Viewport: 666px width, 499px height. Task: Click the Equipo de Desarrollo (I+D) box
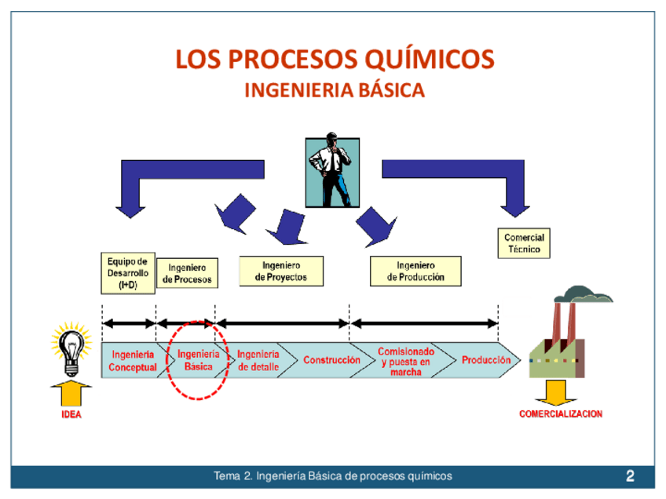pos(127,273)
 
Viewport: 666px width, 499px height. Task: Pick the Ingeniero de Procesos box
pos(187,273)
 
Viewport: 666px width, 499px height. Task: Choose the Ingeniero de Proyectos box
pos(281,271)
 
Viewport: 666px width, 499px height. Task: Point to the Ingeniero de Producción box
pos(415,271)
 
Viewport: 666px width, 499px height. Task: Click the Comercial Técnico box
pos(524,243)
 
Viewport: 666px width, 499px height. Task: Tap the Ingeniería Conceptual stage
pos(132,360)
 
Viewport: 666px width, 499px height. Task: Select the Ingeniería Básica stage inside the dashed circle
pos(199,360)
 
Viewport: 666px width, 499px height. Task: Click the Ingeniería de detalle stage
pos(258,360)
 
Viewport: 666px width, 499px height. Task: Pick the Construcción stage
pos(331,360)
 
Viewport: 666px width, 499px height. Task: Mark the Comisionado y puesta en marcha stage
pos(405,362)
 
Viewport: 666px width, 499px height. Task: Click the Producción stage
pos(485,360)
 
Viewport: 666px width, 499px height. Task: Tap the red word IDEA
pos(71,415)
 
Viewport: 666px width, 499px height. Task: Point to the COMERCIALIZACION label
pos(561,413)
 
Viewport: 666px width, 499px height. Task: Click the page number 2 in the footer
pos(631,475)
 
